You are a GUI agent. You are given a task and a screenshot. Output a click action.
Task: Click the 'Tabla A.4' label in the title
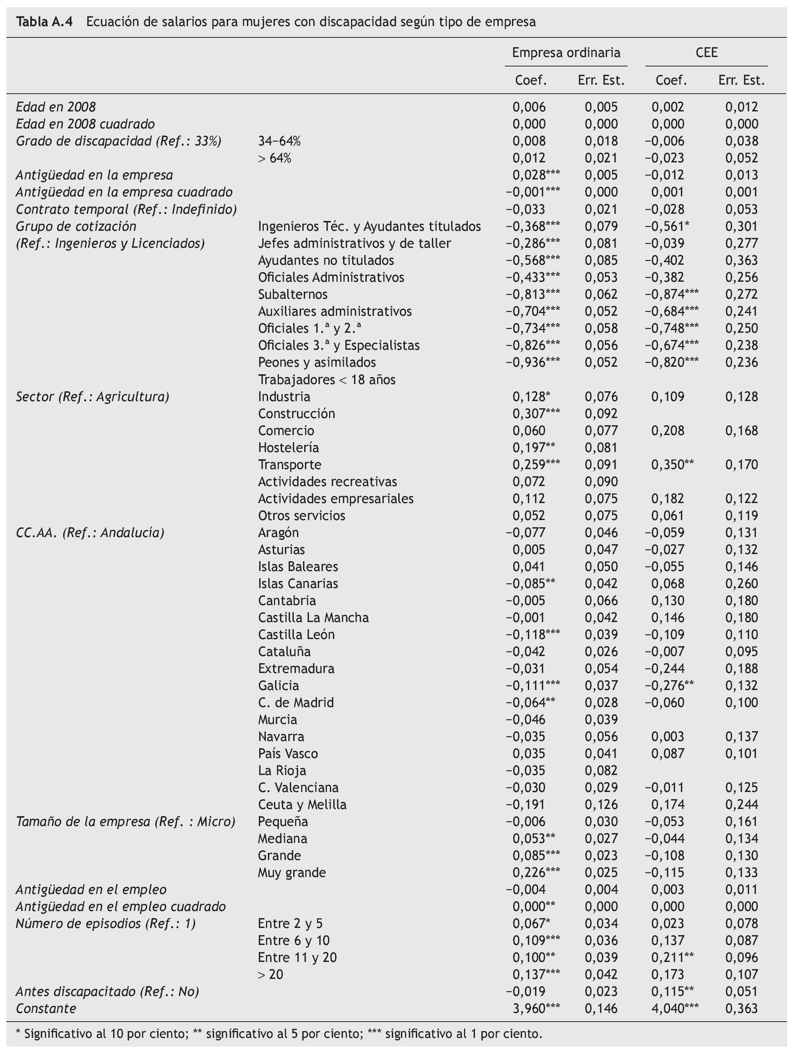(44, 22)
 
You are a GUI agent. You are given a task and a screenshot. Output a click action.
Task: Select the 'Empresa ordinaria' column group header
(566, 52)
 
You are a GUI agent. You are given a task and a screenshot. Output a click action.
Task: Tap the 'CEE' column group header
(707, 52)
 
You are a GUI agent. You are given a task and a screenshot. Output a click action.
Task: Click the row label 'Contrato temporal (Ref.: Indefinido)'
(127, 209)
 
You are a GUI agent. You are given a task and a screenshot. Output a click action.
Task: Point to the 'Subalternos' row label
(292, 295)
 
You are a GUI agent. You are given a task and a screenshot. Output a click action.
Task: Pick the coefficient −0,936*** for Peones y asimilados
(532, 363)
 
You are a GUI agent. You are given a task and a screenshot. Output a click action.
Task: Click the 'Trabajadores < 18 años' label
(326, 380)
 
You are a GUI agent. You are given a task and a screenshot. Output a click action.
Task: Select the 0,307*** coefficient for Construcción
(536, 414)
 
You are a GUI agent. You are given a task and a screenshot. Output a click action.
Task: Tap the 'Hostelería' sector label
(288, 448)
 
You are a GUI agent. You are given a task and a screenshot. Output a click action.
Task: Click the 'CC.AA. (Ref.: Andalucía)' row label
(90, 533)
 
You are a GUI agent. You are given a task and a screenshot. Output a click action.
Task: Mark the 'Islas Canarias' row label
(298, 584)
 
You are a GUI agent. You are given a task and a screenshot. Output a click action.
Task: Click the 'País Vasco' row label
(288, 753)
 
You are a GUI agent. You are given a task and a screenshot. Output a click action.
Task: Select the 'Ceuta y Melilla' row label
(302, 804)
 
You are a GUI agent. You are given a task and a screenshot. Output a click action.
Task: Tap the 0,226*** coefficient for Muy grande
(536, 872)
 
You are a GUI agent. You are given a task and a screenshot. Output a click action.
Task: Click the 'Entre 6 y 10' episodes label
(294, 940)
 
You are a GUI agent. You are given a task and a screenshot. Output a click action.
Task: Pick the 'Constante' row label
(46, 1008)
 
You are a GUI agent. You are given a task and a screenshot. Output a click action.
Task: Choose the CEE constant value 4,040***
(675, 1008)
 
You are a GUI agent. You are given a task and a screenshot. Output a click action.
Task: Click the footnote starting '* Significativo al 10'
(279, 1034)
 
